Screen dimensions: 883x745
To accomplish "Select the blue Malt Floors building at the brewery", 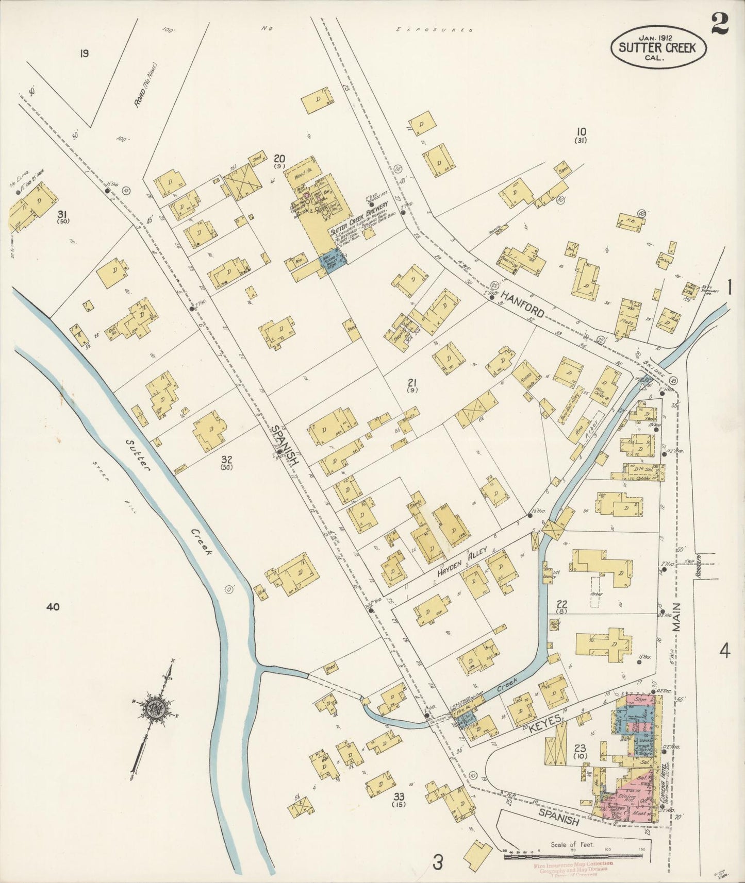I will [333, 258].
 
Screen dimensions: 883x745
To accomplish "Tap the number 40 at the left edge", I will [53, 607].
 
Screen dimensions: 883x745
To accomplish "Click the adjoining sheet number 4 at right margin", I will [725, 652].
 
